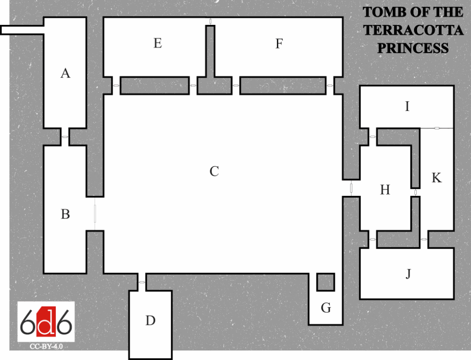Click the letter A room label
click(x=65, y=73)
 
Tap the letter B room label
click(x=65, y=214)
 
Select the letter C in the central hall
click(x=214, y=171)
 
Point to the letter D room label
click(x=150, y=320)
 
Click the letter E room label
click(x=158, y=44)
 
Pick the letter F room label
click(x=279, y=44)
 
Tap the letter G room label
click(x=326, y=308)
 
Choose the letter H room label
click(x=385, y=190)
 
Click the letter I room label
click(x=407, y=107)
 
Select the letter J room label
click(x=408, y=274)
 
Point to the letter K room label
click(x=437, y=178)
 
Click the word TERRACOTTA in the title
click(x=413, y=30)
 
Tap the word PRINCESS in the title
click(x=413, y=48)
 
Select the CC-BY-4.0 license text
click(x=46, y=346)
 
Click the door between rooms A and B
click(x=65, y=137)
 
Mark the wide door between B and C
click(x=95, y=214)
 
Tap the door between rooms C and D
click(x=142, y=282)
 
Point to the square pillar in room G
click(x=326, y=282)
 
